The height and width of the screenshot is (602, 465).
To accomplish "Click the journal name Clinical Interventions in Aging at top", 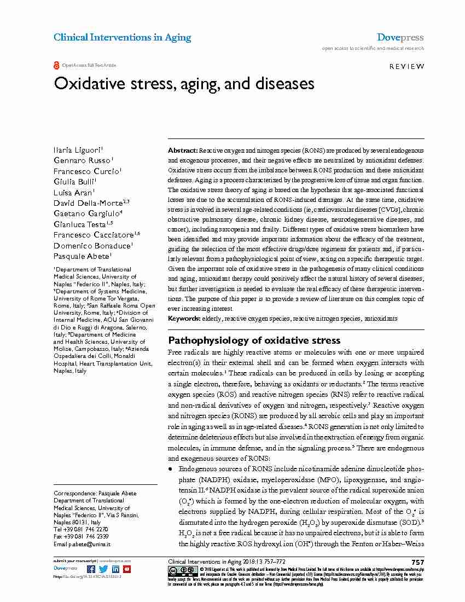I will [x=122, y=37].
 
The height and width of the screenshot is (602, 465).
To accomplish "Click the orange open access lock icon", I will [x=56, y=66].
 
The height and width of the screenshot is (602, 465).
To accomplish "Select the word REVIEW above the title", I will [x=406, y=66].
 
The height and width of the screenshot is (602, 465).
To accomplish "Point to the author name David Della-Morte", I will [x=88, y=202].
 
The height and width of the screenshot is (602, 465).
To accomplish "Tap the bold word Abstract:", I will [x=183, y=150].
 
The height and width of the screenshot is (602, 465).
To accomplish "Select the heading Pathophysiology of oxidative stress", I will [x=254, y=340].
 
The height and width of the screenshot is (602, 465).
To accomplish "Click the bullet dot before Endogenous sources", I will [x=171, y=470].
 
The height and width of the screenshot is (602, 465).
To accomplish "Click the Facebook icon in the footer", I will [x=91, y=569].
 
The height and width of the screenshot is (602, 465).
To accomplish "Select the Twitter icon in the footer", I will [x=103, y=569].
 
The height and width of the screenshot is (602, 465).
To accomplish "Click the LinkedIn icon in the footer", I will [x=115, y=569].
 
